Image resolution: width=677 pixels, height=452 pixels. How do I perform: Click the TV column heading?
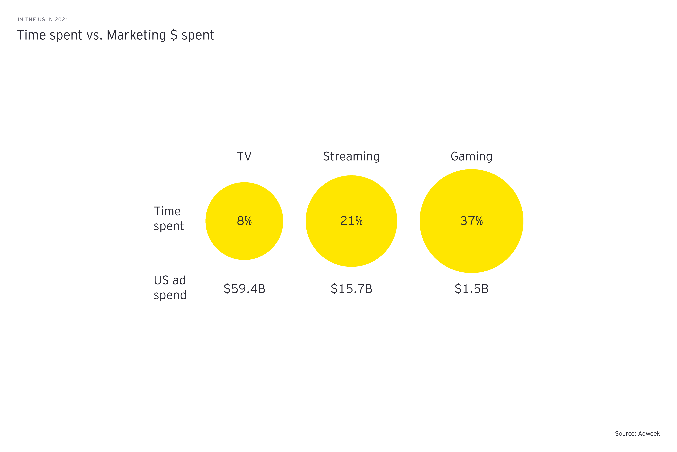[x=244, y=156]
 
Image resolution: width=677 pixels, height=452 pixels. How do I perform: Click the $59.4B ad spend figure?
[x=244, y=289]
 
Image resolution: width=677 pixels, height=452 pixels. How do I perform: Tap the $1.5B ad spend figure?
[x=471, y=289]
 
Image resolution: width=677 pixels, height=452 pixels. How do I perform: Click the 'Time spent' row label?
[x=168, y=219]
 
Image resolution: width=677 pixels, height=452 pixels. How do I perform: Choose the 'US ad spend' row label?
[x=170, y=287]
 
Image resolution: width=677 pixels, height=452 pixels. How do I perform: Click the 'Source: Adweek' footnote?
[x=637, y=433]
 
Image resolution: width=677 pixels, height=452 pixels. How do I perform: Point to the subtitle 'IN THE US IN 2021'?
[x=43, y=20]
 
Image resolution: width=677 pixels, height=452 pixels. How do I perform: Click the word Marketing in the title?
[x=136, y=35]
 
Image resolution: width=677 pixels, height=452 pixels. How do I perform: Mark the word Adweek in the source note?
[x=649, y=433]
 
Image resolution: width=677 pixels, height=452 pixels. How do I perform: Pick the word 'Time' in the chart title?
[x=31, y=35]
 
